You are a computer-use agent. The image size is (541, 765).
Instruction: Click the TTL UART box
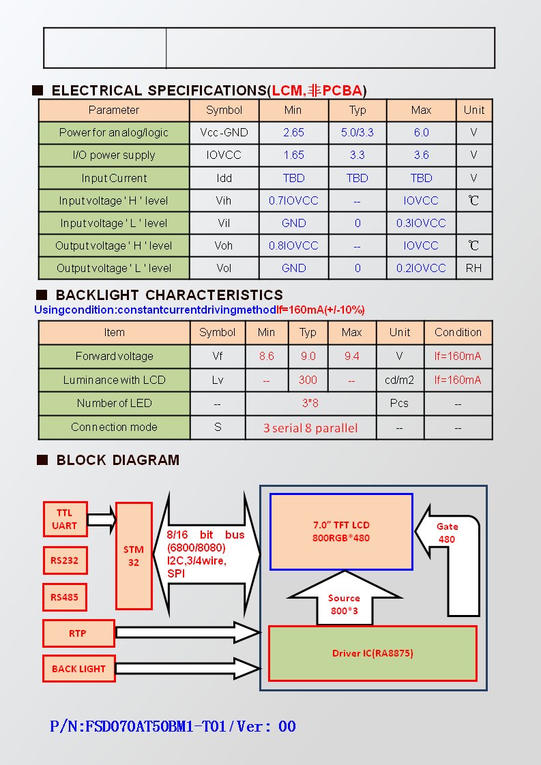65,519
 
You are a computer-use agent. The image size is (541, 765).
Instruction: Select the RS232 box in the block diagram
65,560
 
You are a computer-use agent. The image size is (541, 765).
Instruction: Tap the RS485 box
65,597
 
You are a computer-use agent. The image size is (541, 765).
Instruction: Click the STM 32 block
134,556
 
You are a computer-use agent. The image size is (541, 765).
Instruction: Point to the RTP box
78,633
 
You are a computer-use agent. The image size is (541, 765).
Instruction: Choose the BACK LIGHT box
78,668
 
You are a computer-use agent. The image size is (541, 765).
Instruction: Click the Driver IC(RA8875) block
372,653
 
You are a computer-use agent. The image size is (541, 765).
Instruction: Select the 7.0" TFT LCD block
341,532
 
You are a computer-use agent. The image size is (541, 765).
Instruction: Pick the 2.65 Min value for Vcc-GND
293,133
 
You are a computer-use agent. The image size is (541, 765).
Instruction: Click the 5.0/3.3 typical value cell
357,133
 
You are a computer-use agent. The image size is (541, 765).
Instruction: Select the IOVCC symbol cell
224,155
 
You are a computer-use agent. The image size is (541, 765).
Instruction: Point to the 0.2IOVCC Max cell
421,269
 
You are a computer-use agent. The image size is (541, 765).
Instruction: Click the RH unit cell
473,269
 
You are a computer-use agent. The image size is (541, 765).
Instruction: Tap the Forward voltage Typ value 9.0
308,356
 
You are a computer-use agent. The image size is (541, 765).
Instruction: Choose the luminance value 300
308,380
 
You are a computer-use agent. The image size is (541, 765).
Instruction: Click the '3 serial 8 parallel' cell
310,428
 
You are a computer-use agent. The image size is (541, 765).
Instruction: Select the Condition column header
458,332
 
